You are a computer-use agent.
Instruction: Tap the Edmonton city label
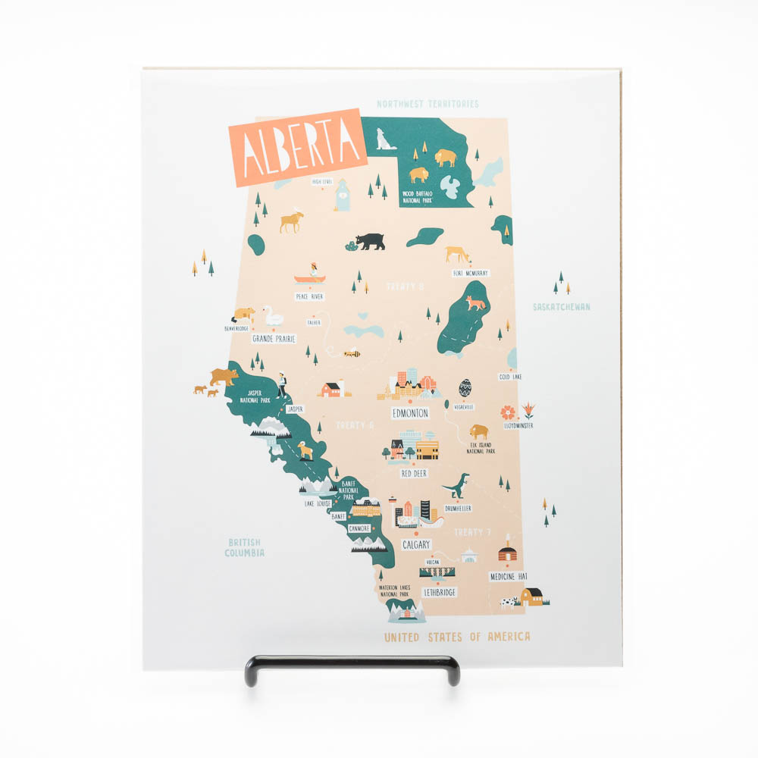click(410, 413)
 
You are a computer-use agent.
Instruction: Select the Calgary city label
click(416, 544)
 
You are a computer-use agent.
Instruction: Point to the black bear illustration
click(371, 241)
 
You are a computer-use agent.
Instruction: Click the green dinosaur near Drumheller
click(457, 485)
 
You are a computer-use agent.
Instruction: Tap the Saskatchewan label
click(561, 307)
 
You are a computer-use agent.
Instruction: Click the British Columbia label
click(244, 547)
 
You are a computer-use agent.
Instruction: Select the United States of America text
click(457, 637)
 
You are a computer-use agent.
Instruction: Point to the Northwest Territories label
click(428, 104)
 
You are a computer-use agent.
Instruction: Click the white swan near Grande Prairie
click(271, 315)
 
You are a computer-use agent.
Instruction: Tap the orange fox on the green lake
click(475, 303)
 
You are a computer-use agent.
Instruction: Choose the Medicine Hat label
click(508, 576)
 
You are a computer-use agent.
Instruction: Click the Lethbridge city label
click(440, 591)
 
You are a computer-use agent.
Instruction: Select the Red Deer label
click(414, 473)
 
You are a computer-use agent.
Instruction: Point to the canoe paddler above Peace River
click(311, 272)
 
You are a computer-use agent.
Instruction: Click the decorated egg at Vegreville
click(465, 388)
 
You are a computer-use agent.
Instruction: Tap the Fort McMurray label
click(471, 273)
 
